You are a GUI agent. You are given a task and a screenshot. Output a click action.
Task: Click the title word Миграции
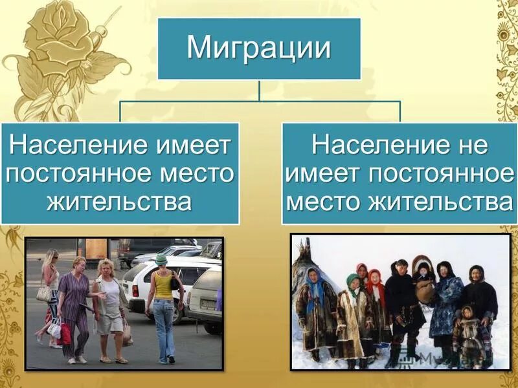pos(259,49)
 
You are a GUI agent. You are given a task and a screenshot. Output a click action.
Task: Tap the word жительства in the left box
pos(119,202)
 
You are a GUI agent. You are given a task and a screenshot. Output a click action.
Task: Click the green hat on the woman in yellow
pos(161,259)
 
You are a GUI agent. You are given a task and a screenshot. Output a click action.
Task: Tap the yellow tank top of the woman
pos(163,284)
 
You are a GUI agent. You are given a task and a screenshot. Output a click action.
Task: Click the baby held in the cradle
pos(424,278)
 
